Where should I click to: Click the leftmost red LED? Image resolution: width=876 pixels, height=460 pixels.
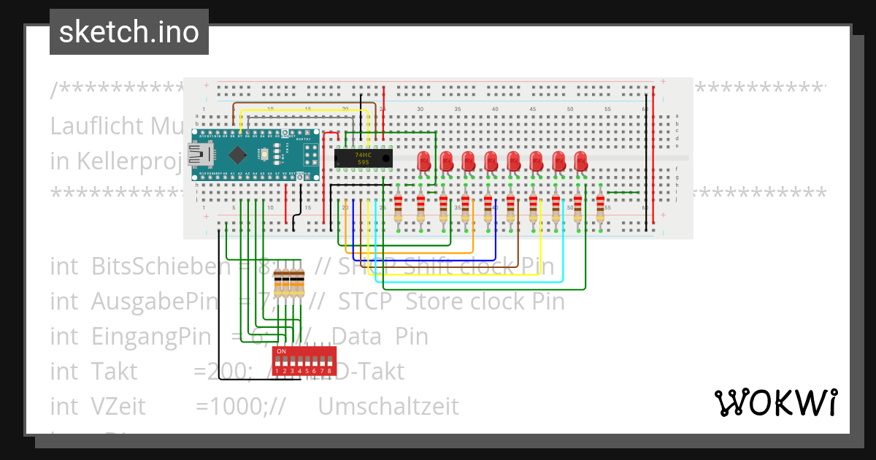coord(423,161)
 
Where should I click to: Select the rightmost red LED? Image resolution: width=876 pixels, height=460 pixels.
coord(581,161)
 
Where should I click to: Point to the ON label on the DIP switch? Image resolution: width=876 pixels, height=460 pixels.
coord(281,351)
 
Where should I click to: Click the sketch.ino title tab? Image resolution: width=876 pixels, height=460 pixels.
coord(129,32)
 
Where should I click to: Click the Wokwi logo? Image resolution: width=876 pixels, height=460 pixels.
coord(775,402)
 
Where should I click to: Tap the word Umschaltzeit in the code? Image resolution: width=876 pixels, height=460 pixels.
coord(388,406)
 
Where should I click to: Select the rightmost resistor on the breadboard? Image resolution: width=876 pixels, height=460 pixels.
coord(600,208)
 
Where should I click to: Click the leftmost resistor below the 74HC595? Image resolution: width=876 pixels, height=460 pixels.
coord(398,208)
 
